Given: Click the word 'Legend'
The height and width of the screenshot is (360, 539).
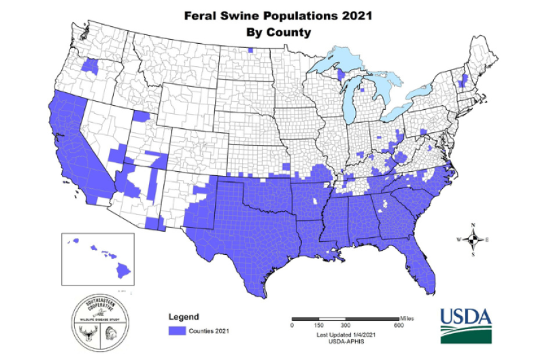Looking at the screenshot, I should [183, 316].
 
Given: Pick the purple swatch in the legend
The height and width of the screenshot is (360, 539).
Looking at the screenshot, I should [176, 330].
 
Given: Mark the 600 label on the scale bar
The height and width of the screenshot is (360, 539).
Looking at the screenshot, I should [398, 326].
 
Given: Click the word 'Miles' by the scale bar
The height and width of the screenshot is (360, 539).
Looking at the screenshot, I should [406, 316].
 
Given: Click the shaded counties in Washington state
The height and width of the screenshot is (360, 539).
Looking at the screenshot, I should [89, 65].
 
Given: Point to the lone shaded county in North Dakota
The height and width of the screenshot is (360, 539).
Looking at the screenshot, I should [250, 49].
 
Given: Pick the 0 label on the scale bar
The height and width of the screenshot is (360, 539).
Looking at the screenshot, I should [292, 326].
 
